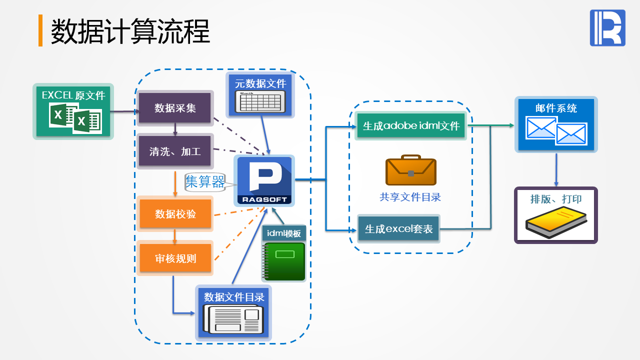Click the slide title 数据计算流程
coord(130,31)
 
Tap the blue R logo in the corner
coord(607,28)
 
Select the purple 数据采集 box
coord(175,107)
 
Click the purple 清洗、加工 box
coord(175,151)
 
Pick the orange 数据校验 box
coord(175,214)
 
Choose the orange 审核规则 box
coord(175,258)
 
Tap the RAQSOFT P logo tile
coord(264,180)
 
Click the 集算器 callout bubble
coord(205,182)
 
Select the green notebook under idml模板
coord(284,261)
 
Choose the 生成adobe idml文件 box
coord(411,125)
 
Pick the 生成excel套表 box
coord(398,229)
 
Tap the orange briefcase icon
coord(411,170)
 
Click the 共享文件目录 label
coord(410,197)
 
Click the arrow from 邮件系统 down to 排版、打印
coord(556,169)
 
